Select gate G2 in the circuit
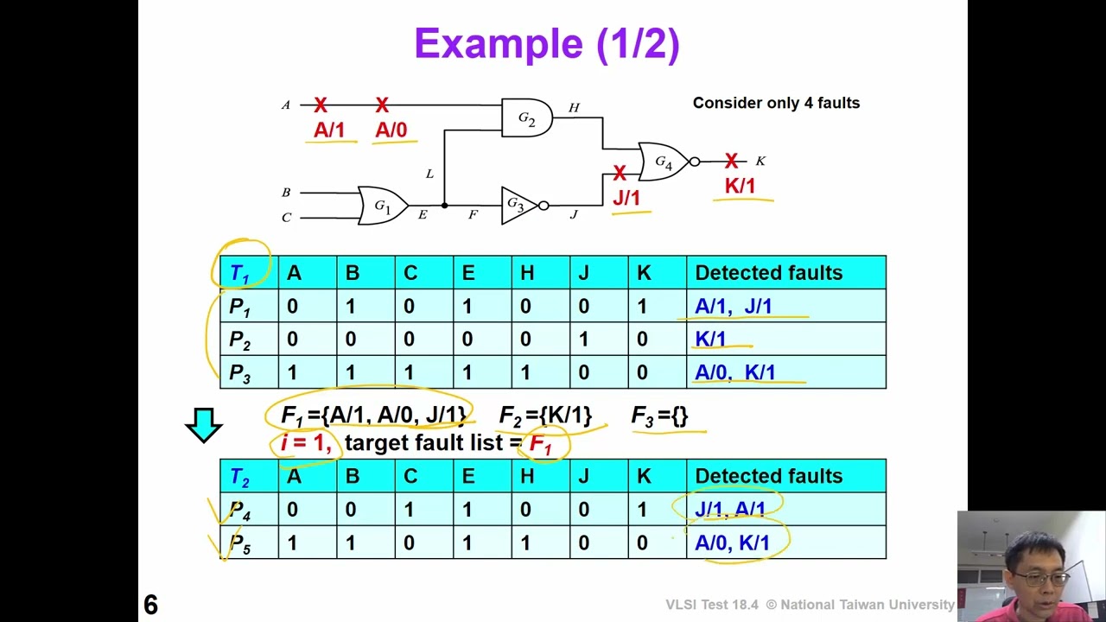(527, 117)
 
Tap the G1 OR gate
(383, 206)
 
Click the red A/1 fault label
(329, 130)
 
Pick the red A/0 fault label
(391, 130)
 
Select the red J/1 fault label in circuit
(626, 198)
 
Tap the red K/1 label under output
(741, 186)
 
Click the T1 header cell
(249, 272)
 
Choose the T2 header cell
(249, 476)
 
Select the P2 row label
(240, 340)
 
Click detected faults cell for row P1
(786, 306)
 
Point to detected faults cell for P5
(786, 542)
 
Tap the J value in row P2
(583, 340)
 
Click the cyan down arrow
(203, 425)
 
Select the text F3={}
(659, 416)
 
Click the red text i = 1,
(306, 442)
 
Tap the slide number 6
(150, 605)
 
